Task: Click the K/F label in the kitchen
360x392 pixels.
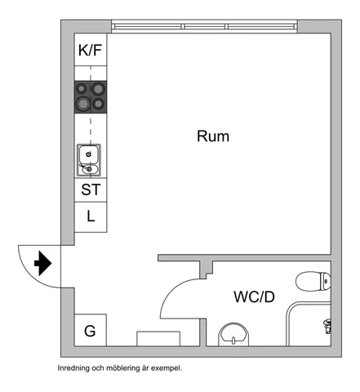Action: click(x=90, y=50)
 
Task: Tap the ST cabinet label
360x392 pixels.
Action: click(x=91, y=189)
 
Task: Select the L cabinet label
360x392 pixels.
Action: click(x=91, y=216)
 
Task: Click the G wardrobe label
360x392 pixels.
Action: click(x=90, y=331)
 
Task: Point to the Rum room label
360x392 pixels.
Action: click(x=213, y=136)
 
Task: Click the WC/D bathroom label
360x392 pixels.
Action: click(x=254, y=296)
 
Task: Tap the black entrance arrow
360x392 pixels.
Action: click(x=43, y=264)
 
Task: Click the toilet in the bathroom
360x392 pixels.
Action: click(x=313, y=281)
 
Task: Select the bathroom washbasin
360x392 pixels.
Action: click(x=233, y=335)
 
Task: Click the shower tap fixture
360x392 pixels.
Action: click(x=327, y=326)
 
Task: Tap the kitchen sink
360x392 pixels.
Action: click(x=89, y=160)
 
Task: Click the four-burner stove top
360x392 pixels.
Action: click(x=91, y=97)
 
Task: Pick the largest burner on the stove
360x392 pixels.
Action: click(x=82, y=104)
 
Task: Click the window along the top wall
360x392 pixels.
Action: click(x=204, y=26)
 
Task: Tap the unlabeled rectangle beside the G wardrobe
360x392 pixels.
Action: click(x=158, y=339)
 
